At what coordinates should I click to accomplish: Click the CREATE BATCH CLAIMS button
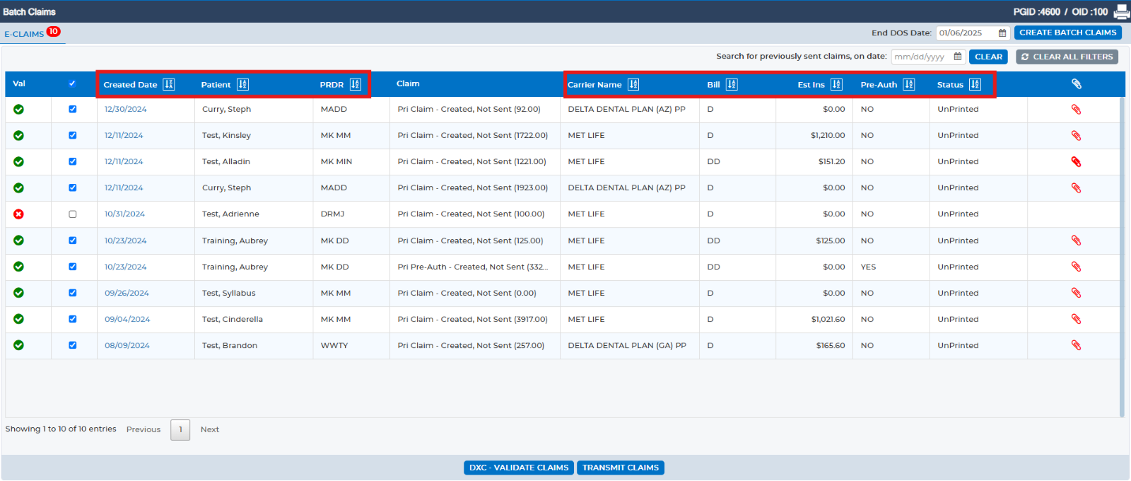click(1068, 33)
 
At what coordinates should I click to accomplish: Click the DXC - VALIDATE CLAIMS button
click(519, 468)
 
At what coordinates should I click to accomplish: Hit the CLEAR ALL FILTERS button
click(1067, 57)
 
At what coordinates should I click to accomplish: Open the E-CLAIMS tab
click(24, 34)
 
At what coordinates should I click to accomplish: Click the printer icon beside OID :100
click(1121, 11)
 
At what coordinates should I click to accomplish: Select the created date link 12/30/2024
click(125, 109)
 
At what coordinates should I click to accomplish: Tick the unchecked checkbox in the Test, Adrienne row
click(73, 214)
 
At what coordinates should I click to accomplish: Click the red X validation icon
click(18, 214)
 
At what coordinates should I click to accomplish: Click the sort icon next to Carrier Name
click(633, 84)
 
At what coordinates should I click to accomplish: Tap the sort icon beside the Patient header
click(242, 84)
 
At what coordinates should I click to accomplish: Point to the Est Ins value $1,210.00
click(828, 135)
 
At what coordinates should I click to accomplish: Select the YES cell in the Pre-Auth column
click(869, 267)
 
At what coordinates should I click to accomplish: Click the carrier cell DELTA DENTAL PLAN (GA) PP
click(627, 346)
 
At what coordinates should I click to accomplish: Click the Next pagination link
click(209, 429)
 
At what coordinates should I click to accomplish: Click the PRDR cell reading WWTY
click(334, 346)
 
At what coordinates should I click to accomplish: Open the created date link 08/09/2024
click(127, 346)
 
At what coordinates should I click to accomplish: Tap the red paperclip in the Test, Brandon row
click(1076, 346)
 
